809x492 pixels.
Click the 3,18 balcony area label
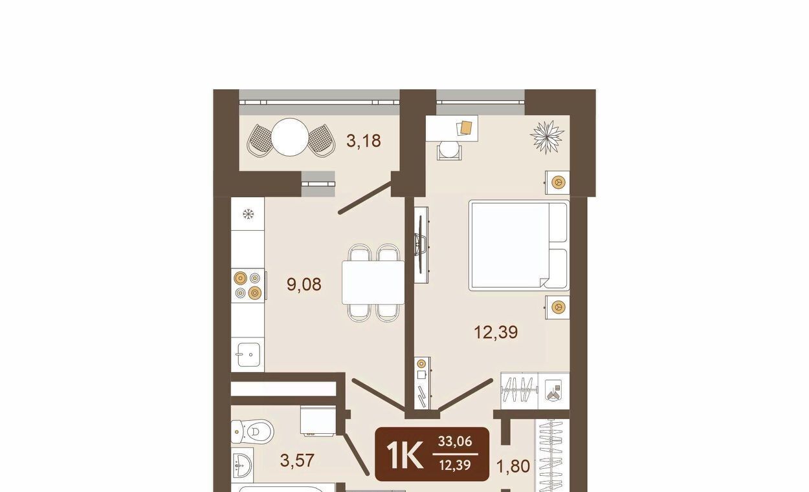[x=363, y=141]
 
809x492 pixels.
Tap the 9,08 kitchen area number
[x=304, y=284]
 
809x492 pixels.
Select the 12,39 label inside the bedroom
[x=496, y=332]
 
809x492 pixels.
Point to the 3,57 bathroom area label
[x=297, y=460]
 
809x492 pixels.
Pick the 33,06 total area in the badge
[x=455, y=441]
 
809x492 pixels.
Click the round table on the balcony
[x=290, y=137]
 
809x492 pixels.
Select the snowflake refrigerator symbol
[x=248, y=215]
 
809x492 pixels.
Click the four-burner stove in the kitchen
[x=249, y=285]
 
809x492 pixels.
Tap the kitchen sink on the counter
[x=249, y=354]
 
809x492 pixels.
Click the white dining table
[x=373, y=283]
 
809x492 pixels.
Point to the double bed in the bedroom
[x=519, y=245]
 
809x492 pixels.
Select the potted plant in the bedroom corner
[x=547, y=137]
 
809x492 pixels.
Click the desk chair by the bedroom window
[x=449, y=150]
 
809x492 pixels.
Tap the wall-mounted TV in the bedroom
[x=421, y=245]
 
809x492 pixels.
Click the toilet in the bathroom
[x=252, y=431]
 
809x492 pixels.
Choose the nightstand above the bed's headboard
[x=558, y=182]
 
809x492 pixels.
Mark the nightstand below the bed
[x=558, y=307]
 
